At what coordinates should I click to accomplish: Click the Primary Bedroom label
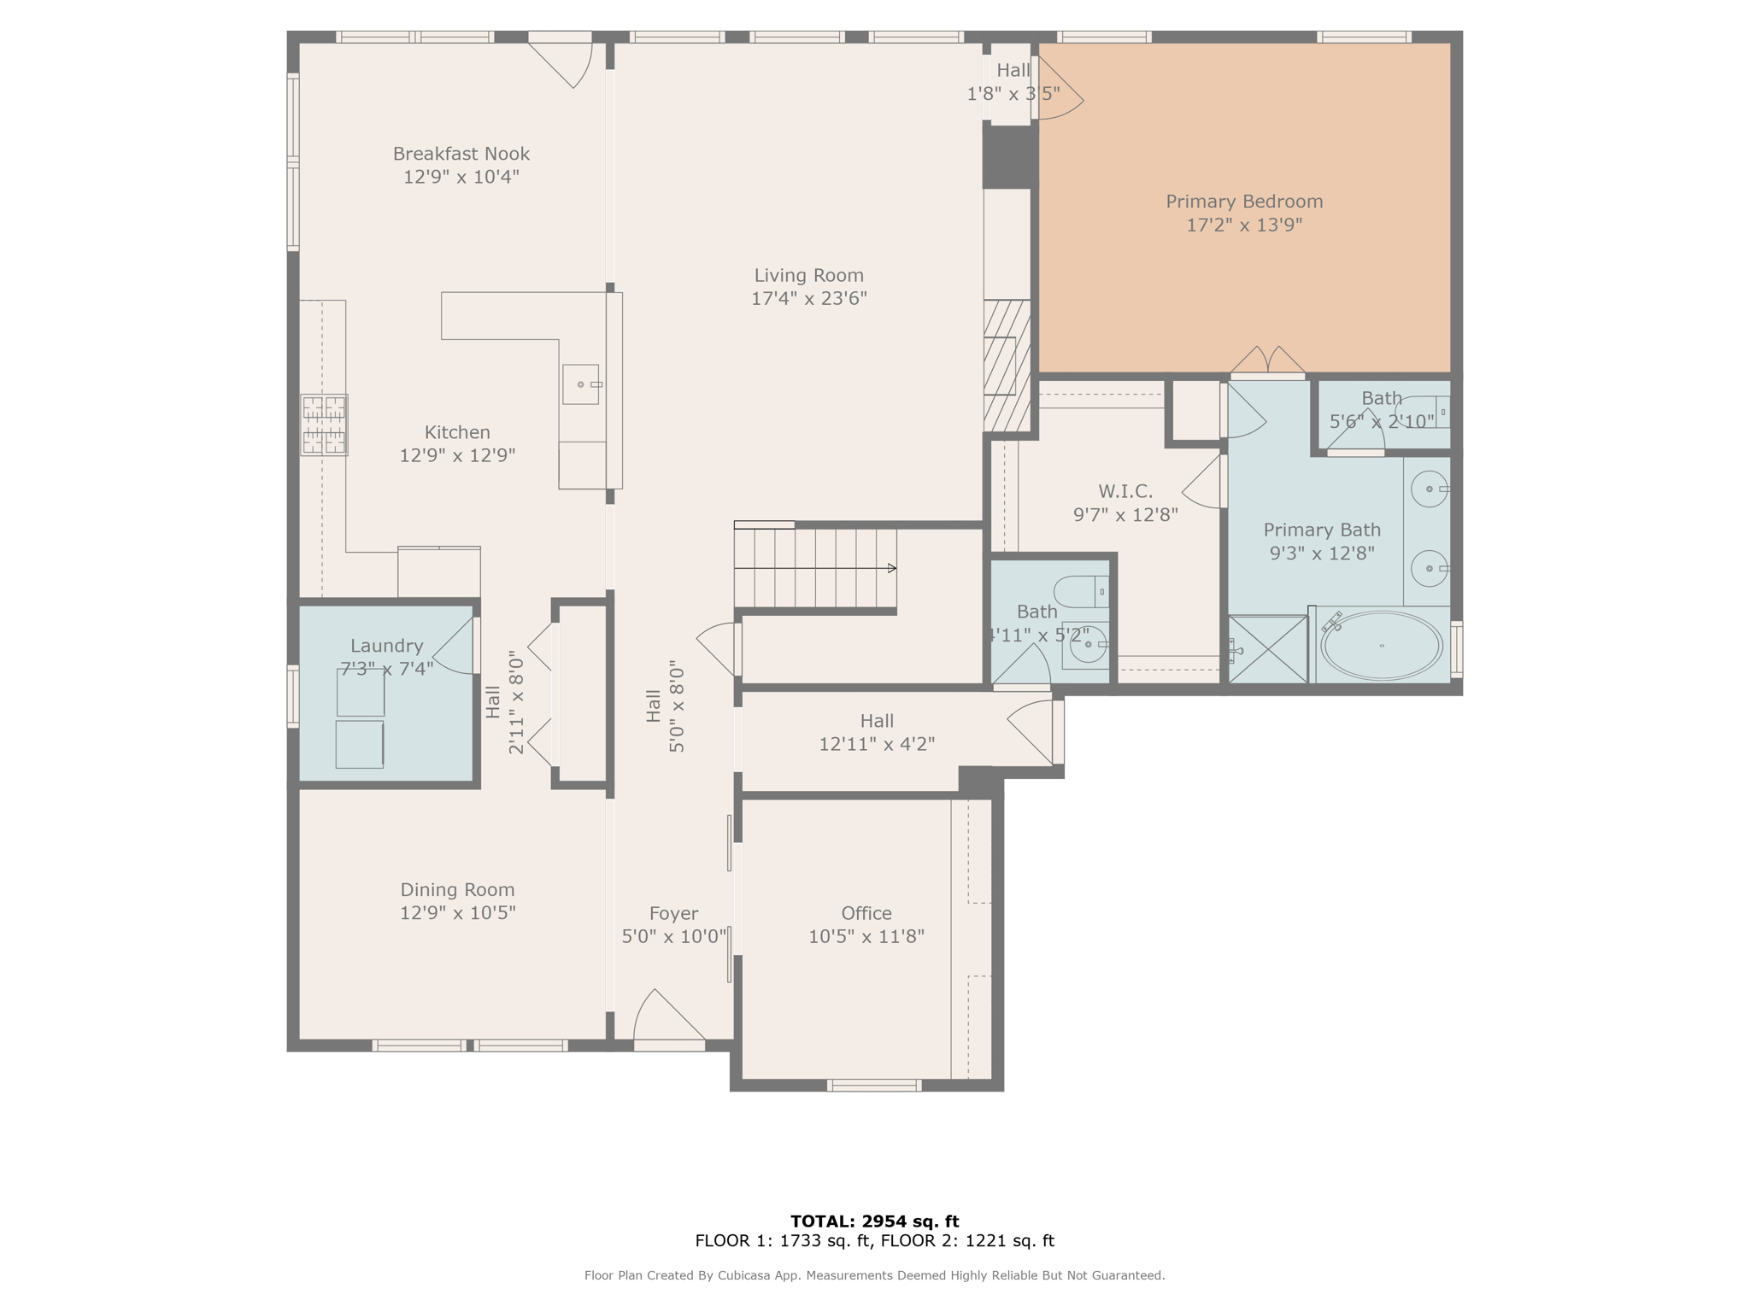[1243, 202]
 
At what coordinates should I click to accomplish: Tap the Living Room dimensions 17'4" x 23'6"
[808, 298]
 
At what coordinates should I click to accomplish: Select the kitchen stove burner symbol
[324, 425]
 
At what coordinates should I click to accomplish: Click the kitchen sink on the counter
[581, 384]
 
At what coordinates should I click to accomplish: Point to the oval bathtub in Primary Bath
[1381, 646]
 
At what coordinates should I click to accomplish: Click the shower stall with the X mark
[1268, 649]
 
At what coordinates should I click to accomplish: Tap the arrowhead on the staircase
[891, 568]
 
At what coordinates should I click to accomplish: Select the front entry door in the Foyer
[669, 1022]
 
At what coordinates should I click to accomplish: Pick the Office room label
[866, 913]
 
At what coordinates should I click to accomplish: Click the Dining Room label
[457, 889]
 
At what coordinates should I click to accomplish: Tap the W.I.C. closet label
[1125, 491]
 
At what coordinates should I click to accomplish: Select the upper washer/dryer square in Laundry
[361, 692]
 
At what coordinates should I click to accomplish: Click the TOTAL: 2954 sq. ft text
[874, 1221]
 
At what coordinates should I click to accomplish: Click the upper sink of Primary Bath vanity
[1429, 489]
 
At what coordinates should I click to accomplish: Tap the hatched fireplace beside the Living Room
[1007, 366]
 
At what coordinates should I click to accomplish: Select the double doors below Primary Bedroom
[1267, 363]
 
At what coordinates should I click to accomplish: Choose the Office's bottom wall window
[873, 1086]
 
